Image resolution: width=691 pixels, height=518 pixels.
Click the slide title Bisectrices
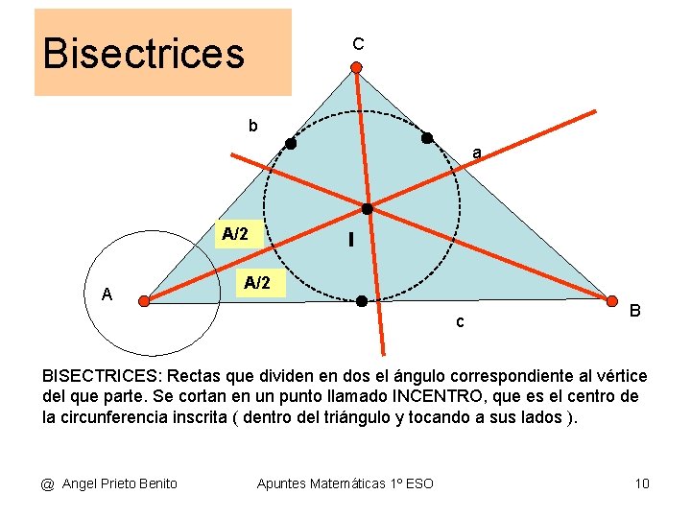tap(144, 54)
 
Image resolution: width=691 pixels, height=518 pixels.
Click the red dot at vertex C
tap(356, 68)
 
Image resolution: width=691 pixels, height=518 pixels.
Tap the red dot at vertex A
tap(144, 301)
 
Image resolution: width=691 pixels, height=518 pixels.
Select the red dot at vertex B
tap(610, 301)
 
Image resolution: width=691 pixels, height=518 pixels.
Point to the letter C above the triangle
tap(358, 44)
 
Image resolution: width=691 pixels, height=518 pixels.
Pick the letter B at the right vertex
tap(635, 311)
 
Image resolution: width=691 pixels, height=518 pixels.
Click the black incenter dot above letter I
tap(367, 208)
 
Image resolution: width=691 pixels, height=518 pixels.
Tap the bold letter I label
tap(351, 242)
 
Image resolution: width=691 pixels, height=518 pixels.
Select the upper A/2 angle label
tap(235, 234)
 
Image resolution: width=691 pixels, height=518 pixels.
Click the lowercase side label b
tap(253, 127)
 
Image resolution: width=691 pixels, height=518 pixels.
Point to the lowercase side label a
tap(476, 153)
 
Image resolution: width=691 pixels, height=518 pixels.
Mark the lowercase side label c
tap(460, 322)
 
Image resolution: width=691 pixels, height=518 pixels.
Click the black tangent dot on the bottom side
tap(362, 301)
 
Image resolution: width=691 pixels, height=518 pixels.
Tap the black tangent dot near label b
tap(290, 145)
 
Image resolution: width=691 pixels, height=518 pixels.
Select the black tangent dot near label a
tap(427, 138)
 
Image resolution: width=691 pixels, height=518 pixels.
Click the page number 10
tap(642, 483)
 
